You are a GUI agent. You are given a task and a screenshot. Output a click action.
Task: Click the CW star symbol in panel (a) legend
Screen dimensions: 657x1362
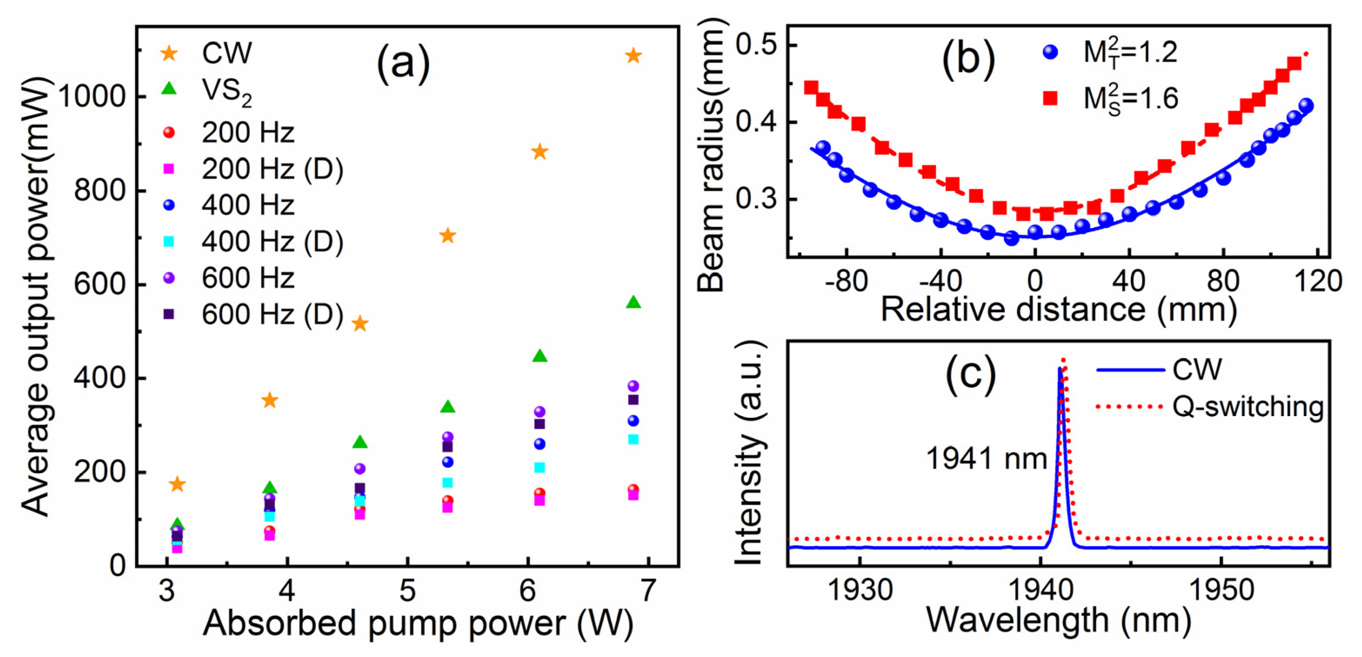[169, 53]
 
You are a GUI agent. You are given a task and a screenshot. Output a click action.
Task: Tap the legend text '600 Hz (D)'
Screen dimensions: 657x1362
[272, 314]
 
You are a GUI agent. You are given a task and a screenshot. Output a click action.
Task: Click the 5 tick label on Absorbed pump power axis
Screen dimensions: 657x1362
[407, 590]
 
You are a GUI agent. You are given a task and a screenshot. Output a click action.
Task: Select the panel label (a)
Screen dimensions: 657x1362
[403, 64]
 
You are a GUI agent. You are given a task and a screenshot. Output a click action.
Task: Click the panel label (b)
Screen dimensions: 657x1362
[968, 60]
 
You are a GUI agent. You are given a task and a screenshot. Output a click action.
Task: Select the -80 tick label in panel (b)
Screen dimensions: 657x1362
[846, 281]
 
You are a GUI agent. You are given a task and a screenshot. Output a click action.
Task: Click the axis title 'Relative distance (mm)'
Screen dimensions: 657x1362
[1058, 310]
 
